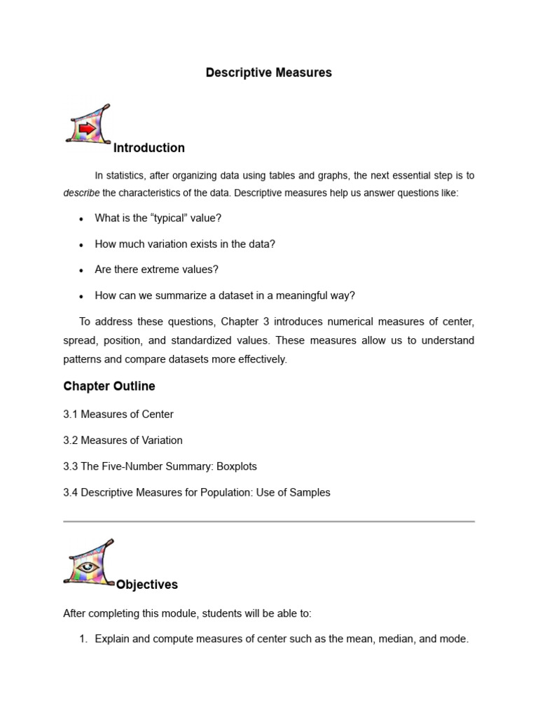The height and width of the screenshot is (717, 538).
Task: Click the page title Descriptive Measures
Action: pyautogui.click(x=269, y=73)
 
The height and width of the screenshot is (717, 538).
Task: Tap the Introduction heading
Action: pyautogui.click(x=149, y=148)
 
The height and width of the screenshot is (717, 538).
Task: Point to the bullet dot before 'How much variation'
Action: pyautogui.click(x=81, y=245)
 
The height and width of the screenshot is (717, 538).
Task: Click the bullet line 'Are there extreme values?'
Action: pyautogui.click(x=157, y=270)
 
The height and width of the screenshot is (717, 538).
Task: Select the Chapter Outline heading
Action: pyautogui.click(x=109, y=387)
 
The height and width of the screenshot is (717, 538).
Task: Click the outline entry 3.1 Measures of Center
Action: pyautogui.click(x=118, y=415)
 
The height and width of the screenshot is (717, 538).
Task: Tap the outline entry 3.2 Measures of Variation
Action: pyautogui.click(x=123, y=440)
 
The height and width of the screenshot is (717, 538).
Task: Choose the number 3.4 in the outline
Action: pyautogui.click(x=71, y=492)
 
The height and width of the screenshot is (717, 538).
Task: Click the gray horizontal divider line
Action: pyautogui.click(x=269, y=522)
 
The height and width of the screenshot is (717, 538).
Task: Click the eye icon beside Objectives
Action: pyautogui.click(x=87, y=564)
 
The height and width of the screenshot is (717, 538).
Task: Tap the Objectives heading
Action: pyautogui.click(x=147, y=585)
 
